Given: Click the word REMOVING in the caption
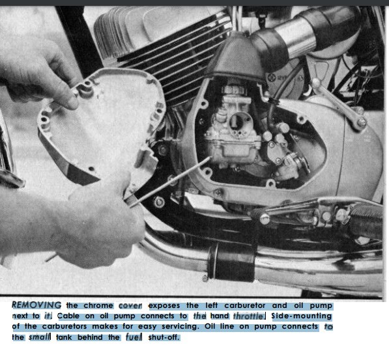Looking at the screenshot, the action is coord(36,305).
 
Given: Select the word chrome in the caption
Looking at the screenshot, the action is coord(98,305).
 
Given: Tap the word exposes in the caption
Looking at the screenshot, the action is coord(164,305).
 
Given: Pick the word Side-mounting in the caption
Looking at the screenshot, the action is coord(302,316).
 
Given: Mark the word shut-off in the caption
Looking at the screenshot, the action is coord(164,337).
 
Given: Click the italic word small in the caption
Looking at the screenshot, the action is coord(39,337).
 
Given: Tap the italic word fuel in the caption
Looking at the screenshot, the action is coord(134,337).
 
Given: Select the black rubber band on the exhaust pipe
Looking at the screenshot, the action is coord(232,263).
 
